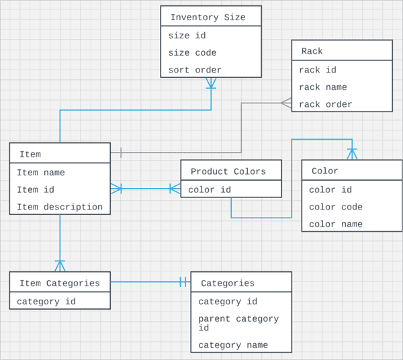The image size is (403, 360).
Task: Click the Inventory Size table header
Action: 208,17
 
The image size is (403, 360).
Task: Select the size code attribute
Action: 192,53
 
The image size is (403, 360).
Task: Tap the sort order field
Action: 195,70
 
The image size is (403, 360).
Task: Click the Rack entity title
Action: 312,51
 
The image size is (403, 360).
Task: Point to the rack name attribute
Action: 322,87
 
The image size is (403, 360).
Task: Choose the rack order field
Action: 325,104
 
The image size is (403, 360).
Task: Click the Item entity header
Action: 30,154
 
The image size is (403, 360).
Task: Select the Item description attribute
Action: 60,207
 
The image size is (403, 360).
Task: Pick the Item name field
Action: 41,173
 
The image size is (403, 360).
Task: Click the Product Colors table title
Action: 228,171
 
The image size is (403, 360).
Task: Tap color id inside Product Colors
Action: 210,190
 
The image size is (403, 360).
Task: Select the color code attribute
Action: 335,207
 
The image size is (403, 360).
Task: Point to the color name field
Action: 335,224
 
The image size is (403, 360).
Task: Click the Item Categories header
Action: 59,283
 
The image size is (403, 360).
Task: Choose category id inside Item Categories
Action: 46,302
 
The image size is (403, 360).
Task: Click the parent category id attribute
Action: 238,323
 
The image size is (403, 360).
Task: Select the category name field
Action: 233,345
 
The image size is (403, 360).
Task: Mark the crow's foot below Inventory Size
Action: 211,83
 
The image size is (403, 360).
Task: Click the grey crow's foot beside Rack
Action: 286,103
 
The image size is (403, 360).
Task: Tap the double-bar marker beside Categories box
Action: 183,282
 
